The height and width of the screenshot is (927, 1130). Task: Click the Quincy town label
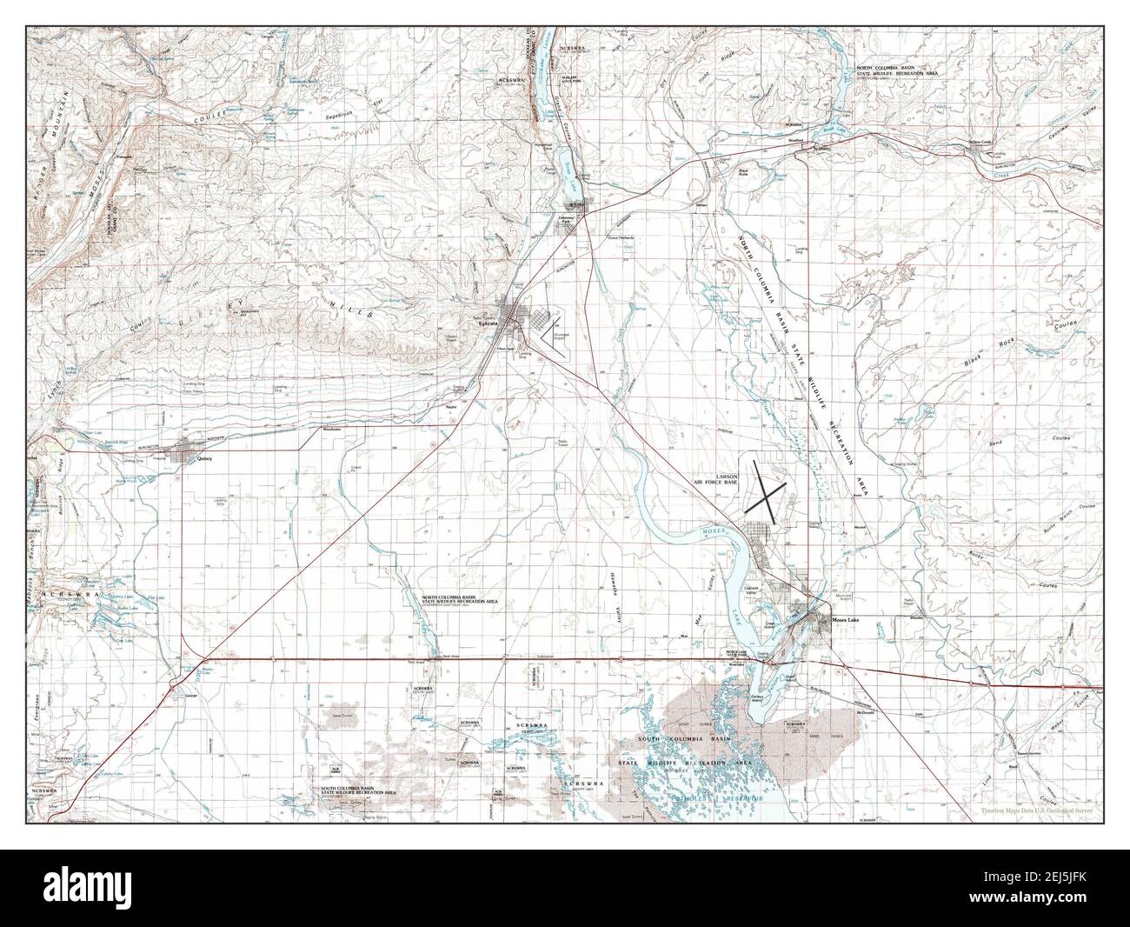tap(205, 457)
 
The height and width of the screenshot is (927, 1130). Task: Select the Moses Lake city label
tap(845, 620)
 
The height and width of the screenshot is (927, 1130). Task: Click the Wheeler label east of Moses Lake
tap(914, 618)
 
